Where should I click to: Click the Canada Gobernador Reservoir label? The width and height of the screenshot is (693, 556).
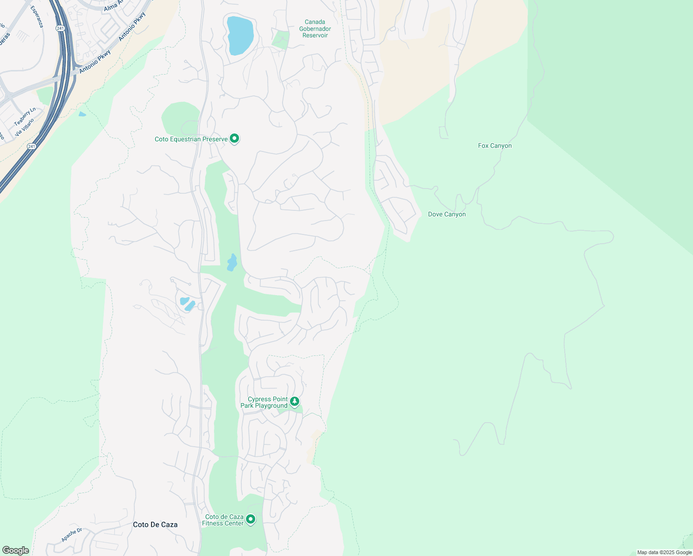coord(315,29)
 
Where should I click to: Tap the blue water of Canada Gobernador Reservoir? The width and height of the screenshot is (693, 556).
coord(239,35)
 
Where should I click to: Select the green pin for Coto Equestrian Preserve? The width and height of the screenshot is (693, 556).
coord(235,138)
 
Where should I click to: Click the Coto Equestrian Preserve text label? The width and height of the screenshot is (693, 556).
coord(191,139)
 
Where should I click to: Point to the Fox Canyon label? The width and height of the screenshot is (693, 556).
coord(495,145)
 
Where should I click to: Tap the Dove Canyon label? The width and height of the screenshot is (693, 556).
coord(447,214)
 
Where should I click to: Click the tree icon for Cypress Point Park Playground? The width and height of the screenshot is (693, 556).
coord(295,401)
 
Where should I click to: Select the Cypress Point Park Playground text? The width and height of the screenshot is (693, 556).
coord(264,402)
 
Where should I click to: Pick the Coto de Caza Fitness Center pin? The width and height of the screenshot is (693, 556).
coord(251,519)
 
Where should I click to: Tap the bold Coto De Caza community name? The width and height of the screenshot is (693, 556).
coord(155,524)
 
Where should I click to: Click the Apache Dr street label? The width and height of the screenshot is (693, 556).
coord(72,535)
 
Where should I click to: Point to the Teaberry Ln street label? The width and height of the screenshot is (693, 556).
coord(25,116)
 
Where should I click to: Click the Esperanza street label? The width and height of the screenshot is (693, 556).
coord(37,16)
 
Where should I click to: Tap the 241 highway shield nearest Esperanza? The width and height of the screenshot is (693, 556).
coord(60,28)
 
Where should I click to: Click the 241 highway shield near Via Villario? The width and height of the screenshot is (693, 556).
coord(31,146)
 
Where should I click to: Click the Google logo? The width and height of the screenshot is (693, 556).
coord(16,550)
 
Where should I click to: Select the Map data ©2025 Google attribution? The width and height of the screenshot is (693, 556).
coord(664,552)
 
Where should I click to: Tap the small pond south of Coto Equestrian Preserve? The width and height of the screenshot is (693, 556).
coord(232,263)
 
